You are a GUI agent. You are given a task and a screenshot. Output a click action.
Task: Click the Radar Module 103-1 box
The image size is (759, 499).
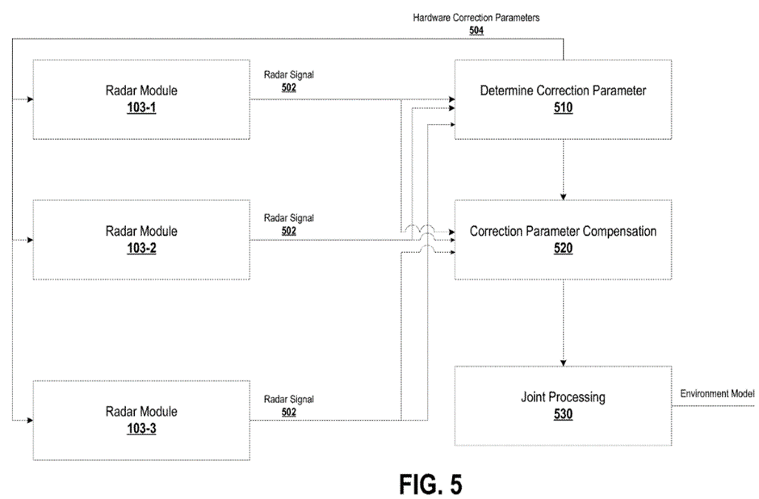coord(140,99)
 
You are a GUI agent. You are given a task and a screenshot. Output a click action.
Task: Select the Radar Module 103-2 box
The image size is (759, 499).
coord(140,239)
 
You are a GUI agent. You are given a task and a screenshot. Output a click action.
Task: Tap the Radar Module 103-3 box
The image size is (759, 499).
coord(140,420)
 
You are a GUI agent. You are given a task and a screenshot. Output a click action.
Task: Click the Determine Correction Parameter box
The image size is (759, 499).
coord(563,99)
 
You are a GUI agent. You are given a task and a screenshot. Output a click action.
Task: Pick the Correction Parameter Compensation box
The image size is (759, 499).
coord(563,239)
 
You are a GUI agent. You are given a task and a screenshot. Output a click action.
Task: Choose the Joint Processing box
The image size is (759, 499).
coord(563,405)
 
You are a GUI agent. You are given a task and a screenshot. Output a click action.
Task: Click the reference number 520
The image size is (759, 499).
coord(563,249)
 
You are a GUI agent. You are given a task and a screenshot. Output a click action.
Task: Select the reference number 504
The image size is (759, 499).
coord(476,30)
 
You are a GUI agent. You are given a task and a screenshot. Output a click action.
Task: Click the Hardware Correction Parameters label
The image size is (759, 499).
coord(476,18)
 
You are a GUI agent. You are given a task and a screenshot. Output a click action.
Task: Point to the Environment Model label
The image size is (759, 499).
coord(717,393)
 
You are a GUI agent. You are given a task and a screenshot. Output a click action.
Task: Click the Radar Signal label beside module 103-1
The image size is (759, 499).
coord(288,75)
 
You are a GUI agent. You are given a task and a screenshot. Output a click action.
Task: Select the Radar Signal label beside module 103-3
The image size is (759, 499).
coord(288,399)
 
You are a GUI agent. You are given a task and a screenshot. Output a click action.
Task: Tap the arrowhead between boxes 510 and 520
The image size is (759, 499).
coord(563,195)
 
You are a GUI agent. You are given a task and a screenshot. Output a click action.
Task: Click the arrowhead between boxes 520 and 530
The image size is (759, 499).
coord(563,361)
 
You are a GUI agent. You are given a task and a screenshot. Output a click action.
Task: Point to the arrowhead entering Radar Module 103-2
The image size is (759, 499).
coord(29,240)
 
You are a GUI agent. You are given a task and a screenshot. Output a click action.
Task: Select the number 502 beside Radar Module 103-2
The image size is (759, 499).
coord(288,230)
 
